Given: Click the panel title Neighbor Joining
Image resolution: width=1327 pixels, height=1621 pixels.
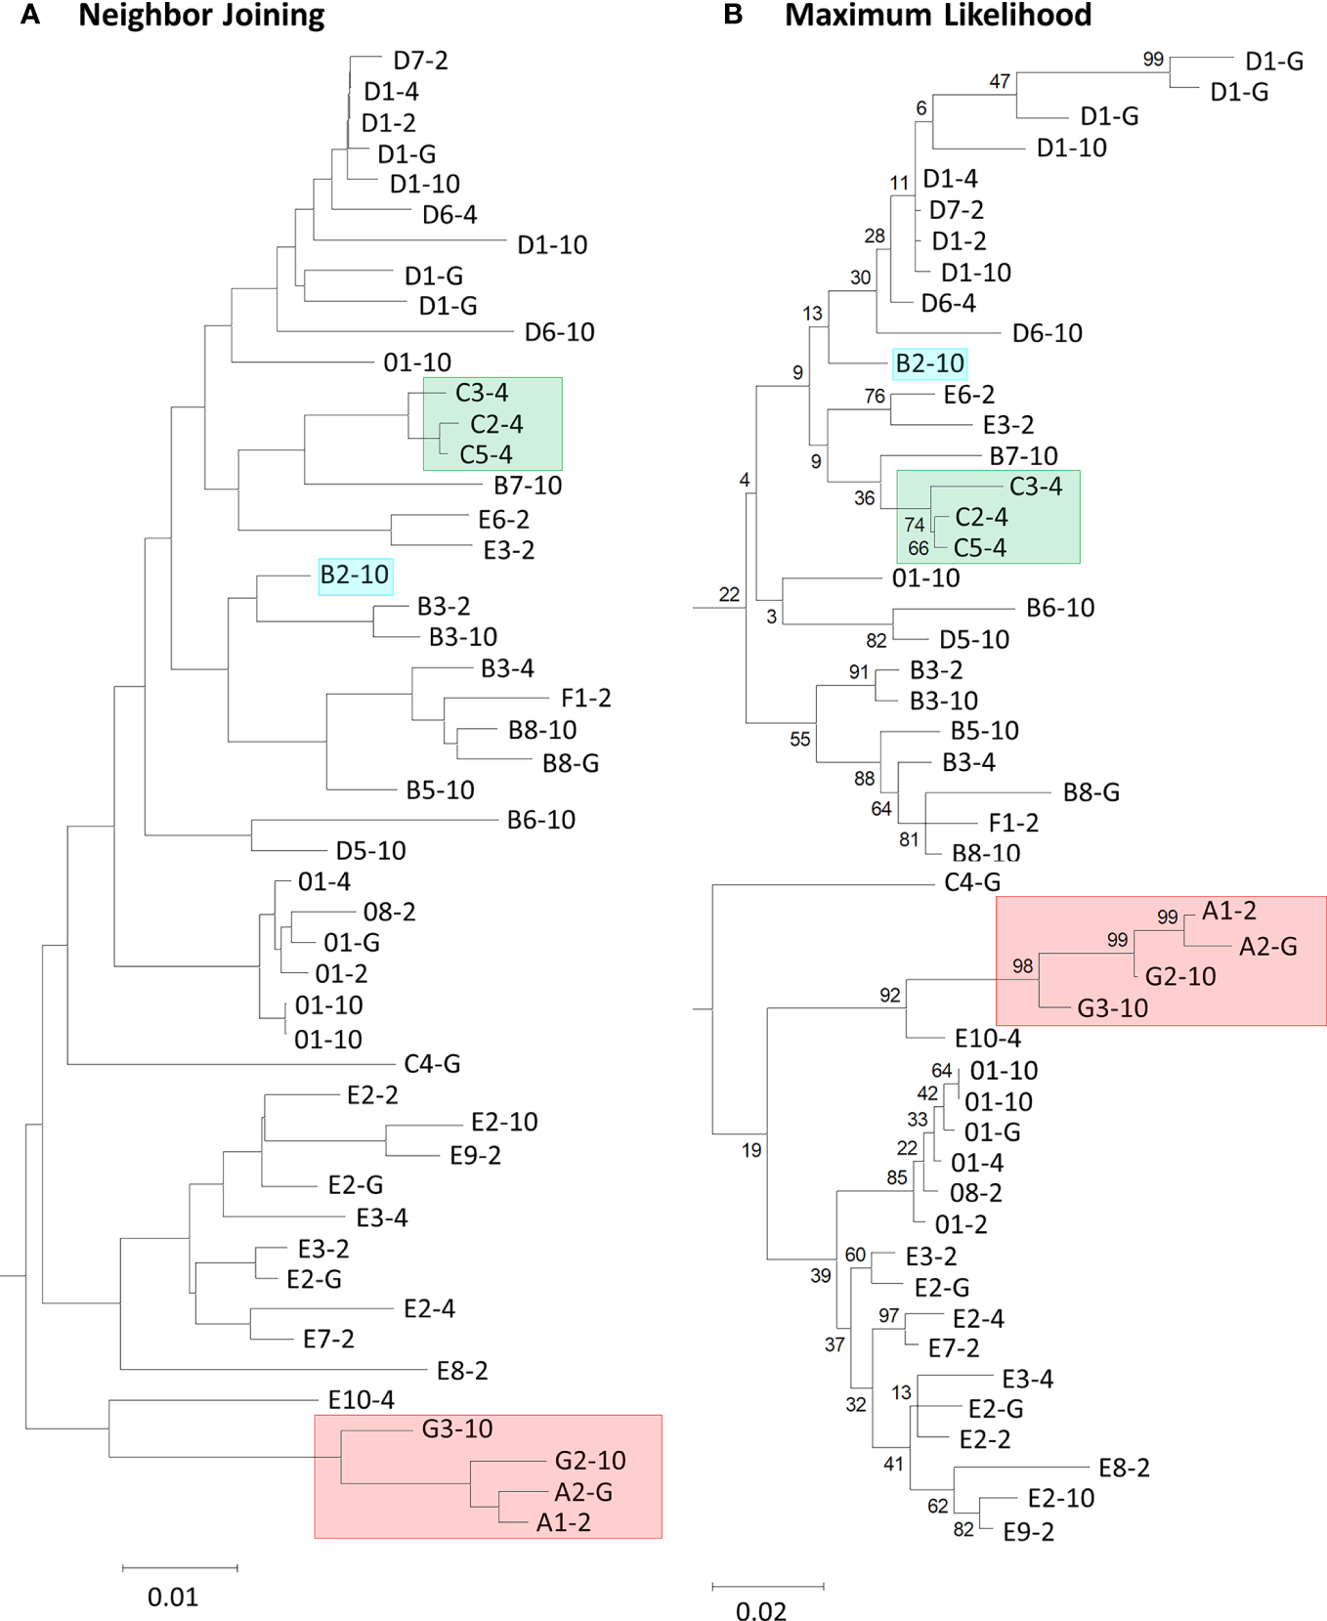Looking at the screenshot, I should click(201, 16).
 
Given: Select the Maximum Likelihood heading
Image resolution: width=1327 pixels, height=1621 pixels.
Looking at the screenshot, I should click(938, 16).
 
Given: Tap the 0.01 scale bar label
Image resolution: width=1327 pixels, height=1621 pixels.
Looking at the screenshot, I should click(173, 1597).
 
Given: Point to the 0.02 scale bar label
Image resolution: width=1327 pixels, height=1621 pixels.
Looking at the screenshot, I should click(761, 1610).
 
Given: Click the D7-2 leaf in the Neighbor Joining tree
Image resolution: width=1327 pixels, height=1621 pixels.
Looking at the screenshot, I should click(420, 61).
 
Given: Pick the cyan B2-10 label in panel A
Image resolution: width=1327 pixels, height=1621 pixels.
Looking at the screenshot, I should click(355, 576).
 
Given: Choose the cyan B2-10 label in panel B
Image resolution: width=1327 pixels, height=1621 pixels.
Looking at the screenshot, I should click(930, 363).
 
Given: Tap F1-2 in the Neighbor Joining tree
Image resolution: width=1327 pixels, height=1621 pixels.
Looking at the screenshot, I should click(586, 699).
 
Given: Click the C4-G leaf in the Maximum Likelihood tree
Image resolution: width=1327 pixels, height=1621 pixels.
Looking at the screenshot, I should click(972, 882).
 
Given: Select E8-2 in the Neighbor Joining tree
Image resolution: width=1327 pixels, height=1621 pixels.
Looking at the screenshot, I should click(462, 1371).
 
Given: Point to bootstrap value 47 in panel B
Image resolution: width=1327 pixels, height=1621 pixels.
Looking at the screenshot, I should click(1000, 82).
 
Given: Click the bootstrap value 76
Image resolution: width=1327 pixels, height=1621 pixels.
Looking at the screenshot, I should click(875, 397).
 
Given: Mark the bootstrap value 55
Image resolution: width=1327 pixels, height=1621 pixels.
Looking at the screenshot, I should click(800, 740).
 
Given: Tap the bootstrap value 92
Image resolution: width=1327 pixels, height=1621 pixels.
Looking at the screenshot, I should click(889, 996).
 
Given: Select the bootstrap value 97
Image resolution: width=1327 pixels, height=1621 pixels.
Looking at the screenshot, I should click(888, 1316).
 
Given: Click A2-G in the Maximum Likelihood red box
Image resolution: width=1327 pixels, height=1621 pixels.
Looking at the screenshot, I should click(1268, 946).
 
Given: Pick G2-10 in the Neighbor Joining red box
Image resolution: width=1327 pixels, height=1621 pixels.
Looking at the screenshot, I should click(590, 1461).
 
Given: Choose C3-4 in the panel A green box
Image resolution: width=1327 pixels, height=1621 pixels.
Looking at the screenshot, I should click(482, 393).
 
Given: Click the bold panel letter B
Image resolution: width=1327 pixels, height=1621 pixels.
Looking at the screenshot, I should click(733, 16).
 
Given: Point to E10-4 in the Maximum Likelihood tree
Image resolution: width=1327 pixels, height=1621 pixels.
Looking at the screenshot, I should click(988, 1039).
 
